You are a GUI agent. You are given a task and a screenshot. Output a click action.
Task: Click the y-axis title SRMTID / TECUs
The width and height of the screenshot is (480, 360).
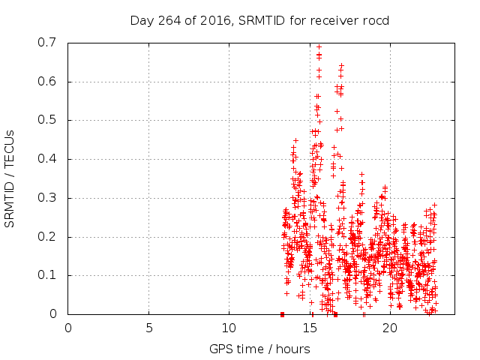tap(10, 178)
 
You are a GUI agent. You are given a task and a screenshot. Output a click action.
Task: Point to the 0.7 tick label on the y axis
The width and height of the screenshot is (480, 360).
tap(47, 43)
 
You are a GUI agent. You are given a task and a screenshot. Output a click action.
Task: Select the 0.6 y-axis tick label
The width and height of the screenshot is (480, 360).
tap(47, 82)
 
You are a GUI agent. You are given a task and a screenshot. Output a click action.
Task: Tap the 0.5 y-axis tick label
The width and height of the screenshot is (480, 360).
tap(47, 120)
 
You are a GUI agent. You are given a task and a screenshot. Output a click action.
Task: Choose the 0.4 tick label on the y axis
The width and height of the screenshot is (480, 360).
tap(47, 159)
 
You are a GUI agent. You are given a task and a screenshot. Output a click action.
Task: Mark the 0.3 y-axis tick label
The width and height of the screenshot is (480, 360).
tap(47, 198)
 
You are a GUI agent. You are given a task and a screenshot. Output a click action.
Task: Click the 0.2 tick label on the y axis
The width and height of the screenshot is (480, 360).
tap(47, 237)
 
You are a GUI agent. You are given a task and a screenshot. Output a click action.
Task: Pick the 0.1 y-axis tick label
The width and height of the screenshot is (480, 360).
tap(47, 275)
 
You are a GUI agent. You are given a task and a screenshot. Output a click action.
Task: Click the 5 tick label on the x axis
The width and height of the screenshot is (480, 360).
tap(148, 327)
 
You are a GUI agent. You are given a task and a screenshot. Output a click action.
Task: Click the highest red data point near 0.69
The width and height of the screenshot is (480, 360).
tap(319, 46)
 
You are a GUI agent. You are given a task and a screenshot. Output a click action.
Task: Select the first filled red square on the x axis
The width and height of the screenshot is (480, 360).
tap(282, 314)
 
